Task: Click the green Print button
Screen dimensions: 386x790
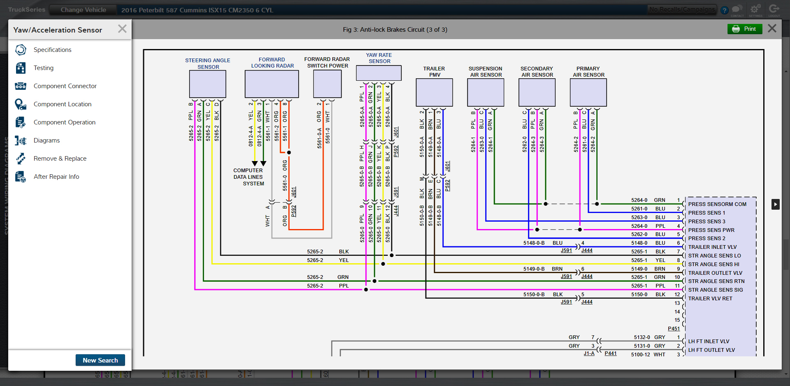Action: [744, 29]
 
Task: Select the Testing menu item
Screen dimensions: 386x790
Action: [43, 68]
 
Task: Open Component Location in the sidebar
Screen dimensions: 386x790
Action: [62, 104]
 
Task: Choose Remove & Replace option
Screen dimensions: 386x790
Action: [60, 159]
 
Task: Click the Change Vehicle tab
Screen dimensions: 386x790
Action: [83, 10]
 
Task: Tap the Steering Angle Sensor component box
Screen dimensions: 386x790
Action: [207, 84]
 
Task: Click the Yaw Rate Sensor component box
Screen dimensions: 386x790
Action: [379, 73]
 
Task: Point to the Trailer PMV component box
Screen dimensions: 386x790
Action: [434, 92]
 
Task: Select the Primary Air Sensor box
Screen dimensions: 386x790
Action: [588, 92]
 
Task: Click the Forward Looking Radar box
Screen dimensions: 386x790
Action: [272, 84]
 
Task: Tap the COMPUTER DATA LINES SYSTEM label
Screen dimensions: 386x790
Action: [249, 177]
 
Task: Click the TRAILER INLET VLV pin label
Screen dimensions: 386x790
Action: [712, 247]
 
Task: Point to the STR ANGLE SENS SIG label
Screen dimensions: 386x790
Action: [715, 290]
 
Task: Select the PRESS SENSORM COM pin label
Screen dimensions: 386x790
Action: [717, 204]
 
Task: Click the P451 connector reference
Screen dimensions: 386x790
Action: [674, 329]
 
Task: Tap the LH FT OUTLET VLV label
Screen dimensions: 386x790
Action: [711, 350]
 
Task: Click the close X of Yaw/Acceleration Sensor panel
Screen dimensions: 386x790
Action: [122, 29]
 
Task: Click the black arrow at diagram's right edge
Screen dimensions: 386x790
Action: [775, 204]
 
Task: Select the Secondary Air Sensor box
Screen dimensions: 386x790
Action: [537, 92]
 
